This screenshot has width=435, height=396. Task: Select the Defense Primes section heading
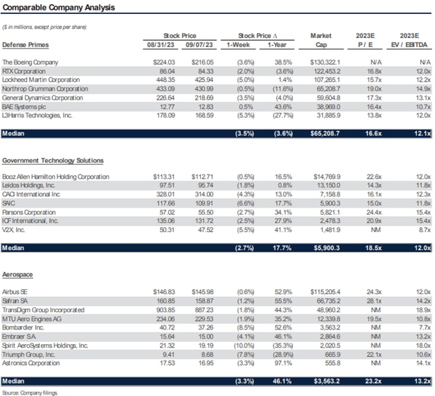(x=26, y=44)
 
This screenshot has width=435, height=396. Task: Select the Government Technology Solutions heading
(x=54, y=161)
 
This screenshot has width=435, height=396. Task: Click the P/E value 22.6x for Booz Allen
(x=371, y=177)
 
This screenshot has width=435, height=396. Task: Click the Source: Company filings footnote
(x=30, y=393)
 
